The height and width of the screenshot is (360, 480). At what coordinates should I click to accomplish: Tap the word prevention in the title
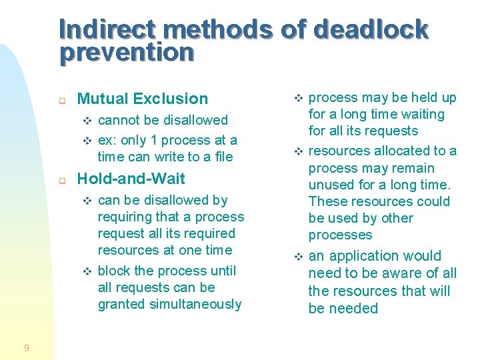coord(127,52)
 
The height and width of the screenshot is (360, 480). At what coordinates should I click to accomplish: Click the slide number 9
coord(26,347)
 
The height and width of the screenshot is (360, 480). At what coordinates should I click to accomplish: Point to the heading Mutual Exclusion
coord(143,99)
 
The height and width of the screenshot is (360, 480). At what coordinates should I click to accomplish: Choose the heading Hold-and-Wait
coord(131,179)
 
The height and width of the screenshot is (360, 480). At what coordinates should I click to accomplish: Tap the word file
coord(223,157)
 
